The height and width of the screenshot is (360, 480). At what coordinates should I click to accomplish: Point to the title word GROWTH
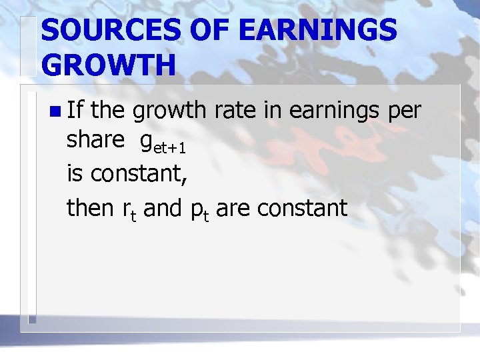coord(109,66)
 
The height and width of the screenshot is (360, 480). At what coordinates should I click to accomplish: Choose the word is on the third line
coord(76,174)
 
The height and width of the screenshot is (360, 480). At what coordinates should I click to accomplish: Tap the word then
coord(91,208)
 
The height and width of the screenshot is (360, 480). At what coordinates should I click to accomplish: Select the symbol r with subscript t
coord(129,211)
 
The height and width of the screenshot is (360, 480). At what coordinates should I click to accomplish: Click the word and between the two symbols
coord(162,208)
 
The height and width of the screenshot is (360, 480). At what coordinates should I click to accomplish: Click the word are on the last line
coord(233,209)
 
